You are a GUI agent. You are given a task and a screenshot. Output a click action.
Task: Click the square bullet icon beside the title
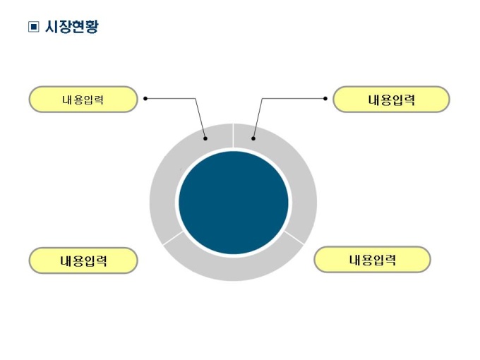(32, 28)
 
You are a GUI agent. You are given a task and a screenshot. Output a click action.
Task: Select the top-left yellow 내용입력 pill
(83, 100)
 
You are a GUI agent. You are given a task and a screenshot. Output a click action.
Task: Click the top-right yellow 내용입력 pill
(391, 100)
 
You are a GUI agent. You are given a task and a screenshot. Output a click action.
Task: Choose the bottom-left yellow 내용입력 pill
(83, 260)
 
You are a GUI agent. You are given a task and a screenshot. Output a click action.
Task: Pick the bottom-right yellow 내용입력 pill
(372, 260)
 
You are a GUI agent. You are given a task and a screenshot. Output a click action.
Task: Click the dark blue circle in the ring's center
(234, 203)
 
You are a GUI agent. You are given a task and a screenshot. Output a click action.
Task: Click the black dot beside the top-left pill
(145, 99)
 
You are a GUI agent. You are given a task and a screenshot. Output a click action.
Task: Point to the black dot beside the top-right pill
(325, 99)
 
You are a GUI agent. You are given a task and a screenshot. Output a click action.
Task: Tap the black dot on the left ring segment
(205, 138)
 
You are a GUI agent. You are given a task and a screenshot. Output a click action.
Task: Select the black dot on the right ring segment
(253, 138)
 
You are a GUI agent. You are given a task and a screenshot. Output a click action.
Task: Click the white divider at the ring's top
(234, 136)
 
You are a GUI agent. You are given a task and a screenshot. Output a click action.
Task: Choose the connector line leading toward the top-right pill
(293, 99)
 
